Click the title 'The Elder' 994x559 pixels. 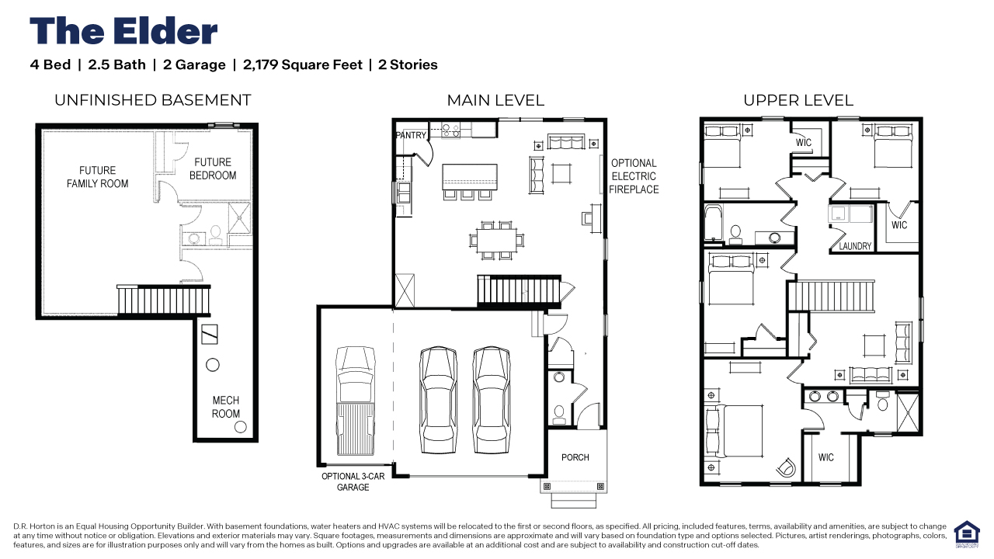pos(123,31)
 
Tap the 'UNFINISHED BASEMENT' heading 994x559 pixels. pos(153,100)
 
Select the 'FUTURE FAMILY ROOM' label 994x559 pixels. pos(98,177)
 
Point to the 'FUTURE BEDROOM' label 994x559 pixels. pos(213,168)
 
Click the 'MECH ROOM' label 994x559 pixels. pos(226,407)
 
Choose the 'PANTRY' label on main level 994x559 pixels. pos(411,135)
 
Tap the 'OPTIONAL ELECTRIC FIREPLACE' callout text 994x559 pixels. pos(634,176)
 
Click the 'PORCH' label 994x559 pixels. pos(575,457)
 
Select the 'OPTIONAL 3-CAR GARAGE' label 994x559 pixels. pos(353,481)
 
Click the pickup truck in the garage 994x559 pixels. pos(356,401)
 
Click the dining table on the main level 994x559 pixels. pos(496,240)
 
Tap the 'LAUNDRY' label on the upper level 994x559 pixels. pos(855,246)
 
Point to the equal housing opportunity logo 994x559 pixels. pos(967,534)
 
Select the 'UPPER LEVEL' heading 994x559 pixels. pos(798,100)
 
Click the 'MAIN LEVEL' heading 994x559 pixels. pos(495,100)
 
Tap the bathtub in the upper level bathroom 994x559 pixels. pos(714,223)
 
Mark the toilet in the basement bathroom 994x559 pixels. pos(216,235)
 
